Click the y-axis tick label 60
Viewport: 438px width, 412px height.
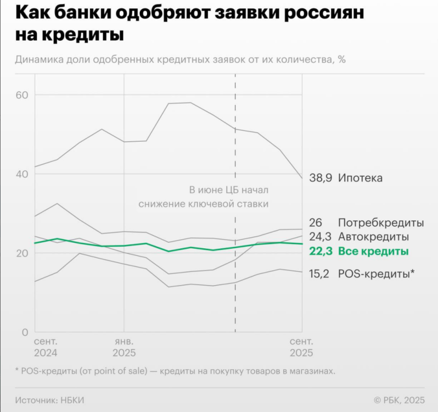[x=22, y=95]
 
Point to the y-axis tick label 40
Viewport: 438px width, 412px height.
[x=22, y=174]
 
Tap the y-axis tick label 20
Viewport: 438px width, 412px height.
[x=22, y=253]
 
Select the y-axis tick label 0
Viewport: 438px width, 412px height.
[x=25, y=332]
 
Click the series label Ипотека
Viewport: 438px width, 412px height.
[x=360, y=178]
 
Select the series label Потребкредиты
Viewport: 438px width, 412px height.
[x=381, y=223]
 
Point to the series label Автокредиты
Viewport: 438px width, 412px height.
[x=373, y=237]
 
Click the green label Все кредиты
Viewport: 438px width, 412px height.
[x=373, y=252]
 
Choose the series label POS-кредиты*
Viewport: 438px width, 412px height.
[x=376, y=273]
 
